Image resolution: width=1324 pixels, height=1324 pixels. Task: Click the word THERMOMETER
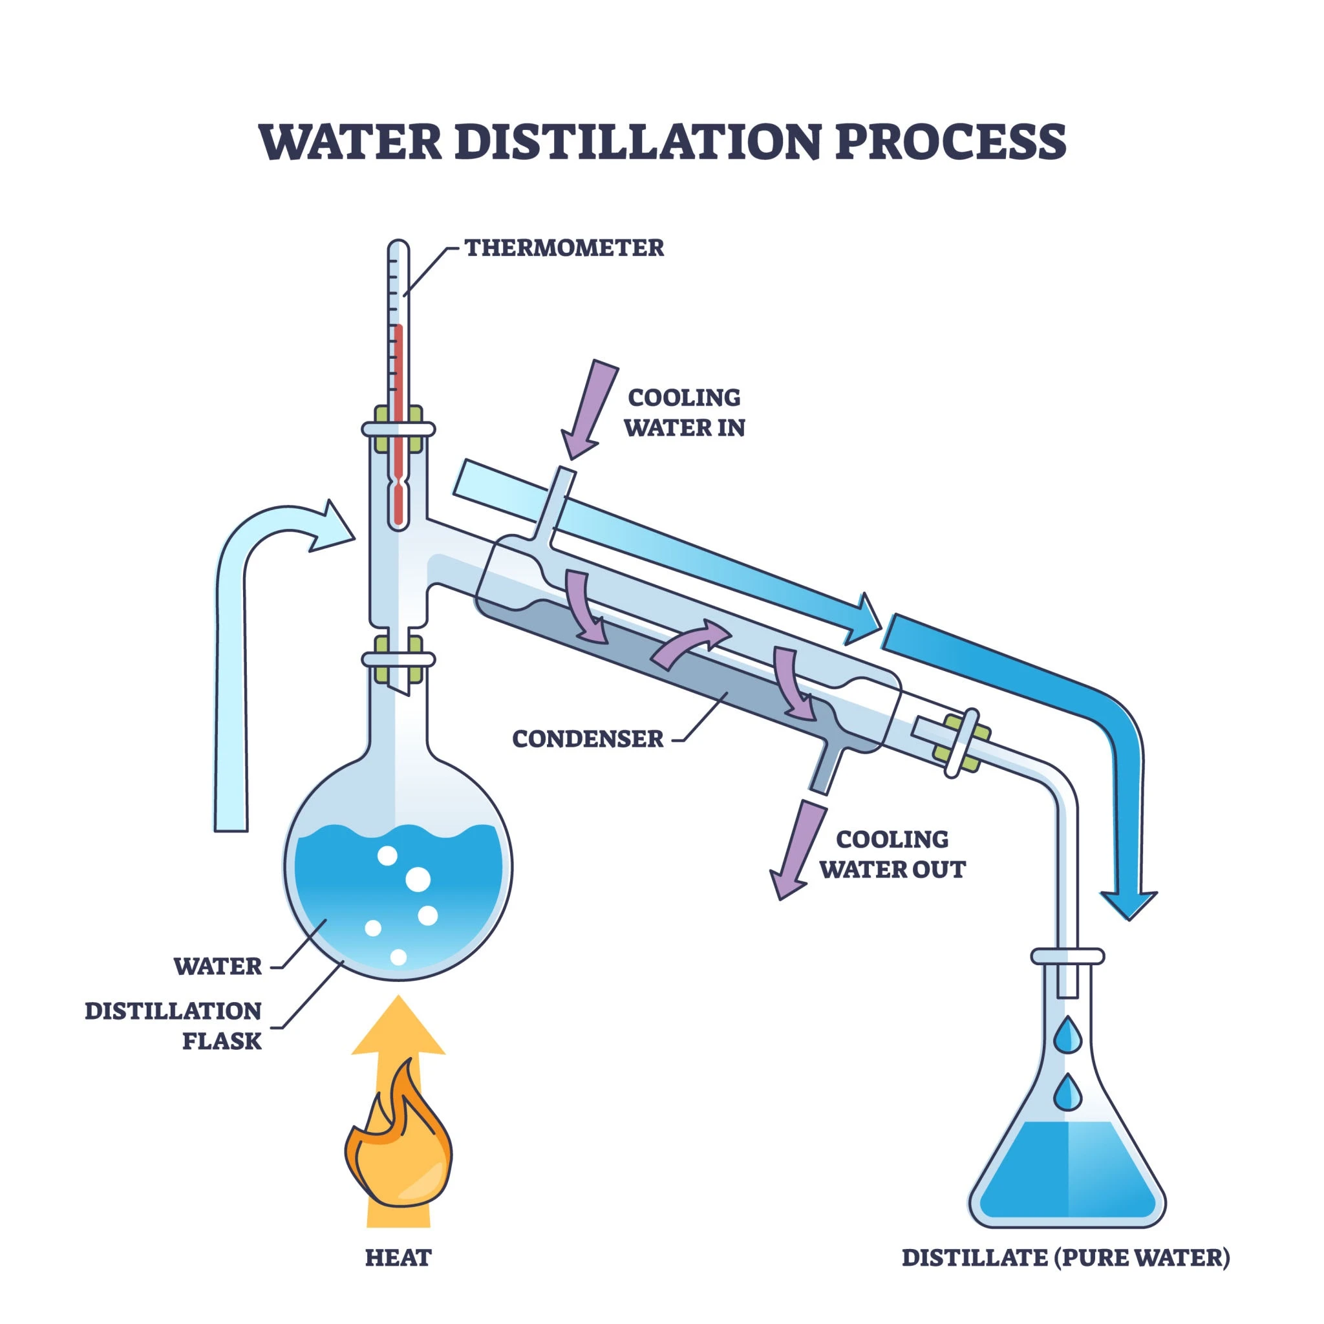[564, 248]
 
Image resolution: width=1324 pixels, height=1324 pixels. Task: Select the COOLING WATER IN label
[684, 412]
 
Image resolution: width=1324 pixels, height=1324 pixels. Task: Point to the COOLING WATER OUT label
[892, 855]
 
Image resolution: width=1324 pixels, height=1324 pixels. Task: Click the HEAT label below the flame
[398, 1257]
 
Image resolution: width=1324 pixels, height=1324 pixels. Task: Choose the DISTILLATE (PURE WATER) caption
[1065, 1257]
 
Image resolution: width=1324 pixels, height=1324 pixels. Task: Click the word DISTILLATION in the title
[637, 141]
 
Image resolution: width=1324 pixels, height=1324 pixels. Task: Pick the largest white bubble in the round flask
[418, 879]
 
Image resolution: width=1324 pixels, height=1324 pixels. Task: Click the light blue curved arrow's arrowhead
[334, 526]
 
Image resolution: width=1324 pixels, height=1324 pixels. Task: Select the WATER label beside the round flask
[218, 966]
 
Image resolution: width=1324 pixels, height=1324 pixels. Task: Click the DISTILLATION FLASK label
[173, 1026]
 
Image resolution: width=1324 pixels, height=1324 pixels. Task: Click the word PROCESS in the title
[950, 141]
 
